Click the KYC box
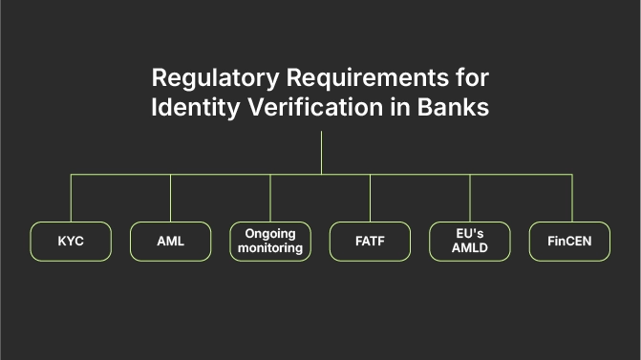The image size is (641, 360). [71, 242]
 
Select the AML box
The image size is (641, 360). [170, 242]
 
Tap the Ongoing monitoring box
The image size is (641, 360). [270, 242]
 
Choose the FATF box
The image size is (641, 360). [370, 242]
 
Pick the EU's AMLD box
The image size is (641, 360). [469, 242]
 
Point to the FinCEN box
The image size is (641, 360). [569, 242]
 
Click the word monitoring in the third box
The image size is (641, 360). [270, 248]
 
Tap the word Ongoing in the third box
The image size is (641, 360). [270, 234]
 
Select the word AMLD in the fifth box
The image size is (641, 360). [469, 248]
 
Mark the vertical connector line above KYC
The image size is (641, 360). [71, 198]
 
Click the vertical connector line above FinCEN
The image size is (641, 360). [571, 198]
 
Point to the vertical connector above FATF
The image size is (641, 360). [371, 198]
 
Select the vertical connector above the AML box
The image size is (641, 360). [170, 198]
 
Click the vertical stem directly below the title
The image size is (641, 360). [321, 153]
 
